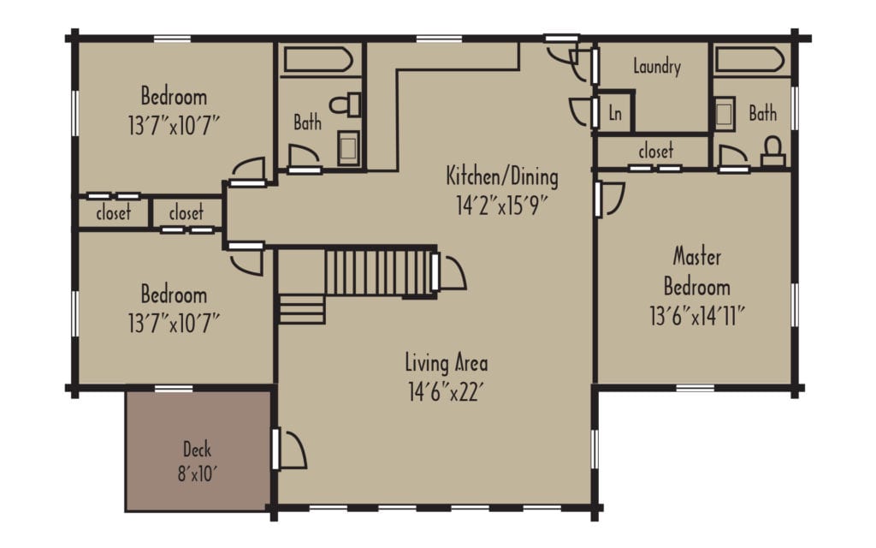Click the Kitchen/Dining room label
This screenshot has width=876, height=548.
(502, 177)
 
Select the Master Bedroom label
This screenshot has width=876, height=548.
(697, 271)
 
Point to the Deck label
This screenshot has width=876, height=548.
(197, 449)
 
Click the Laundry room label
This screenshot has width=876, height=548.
(657, 66)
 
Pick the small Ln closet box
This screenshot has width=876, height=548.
(615, 113)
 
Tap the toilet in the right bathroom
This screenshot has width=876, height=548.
(774, 150)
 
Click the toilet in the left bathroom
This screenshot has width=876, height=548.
(347, 105)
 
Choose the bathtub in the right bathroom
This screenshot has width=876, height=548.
(750, 61)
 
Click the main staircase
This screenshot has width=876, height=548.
(376, 271)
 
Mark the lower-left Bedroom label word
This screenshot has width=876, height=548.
(174, 295)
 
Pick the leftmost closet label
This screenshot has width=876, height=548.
(113, 211)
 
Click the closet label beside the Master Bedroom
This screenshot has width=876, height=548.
(655, 151)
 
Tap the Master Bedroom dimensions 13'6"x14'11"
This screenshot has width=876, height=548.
(697, 316)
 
